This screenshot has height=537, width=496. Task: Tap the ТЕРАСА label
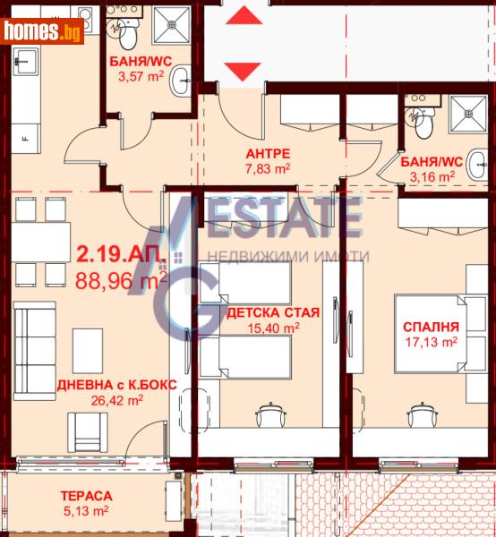pos(86,495)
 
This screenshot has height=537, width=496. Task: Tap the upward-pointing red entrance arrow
pos(241,14)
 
